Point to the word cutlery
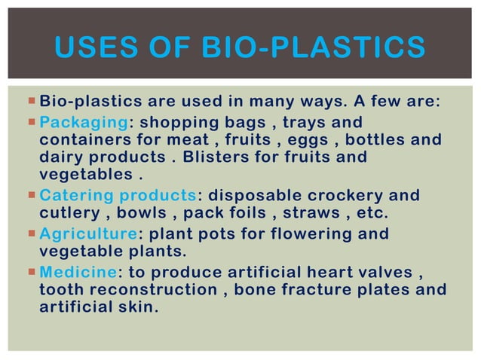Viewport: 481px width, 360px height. (x=66, y=215)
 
